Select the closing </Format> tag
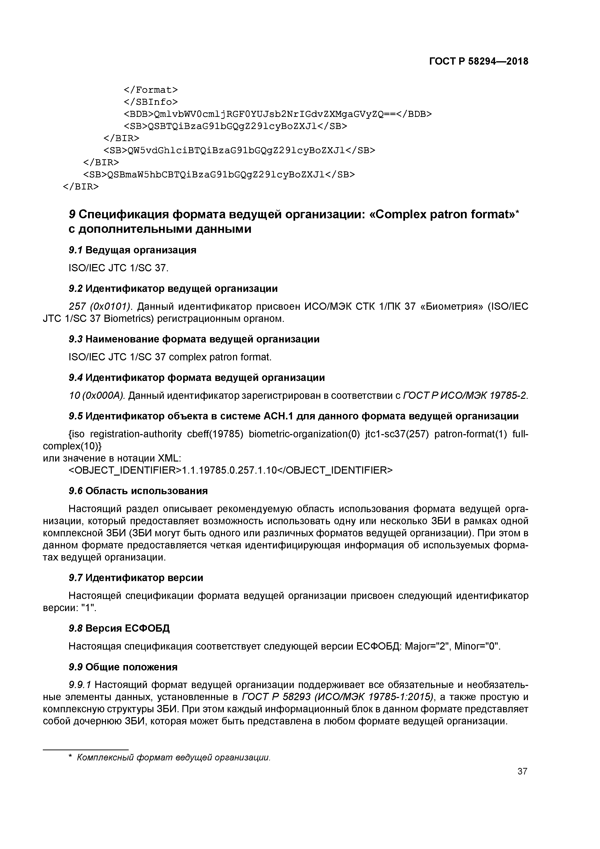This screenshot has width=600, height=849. (x=150, y=90)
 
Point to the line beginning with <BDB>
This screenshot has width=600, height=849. (x=277, y=114)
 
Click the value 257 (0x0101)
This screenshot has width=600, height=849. (x=100, y=307)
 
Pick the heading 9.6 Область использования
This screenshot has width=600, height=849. (x=138, y=491)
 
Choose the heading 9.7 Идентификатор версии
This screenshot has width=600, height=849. (x=136, y=578)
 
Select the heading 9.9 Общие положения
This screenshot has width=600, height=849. (x=123, y=667)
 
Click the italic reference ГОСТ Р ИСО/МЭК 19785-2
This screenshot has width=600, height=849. (x=465, y=396)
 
